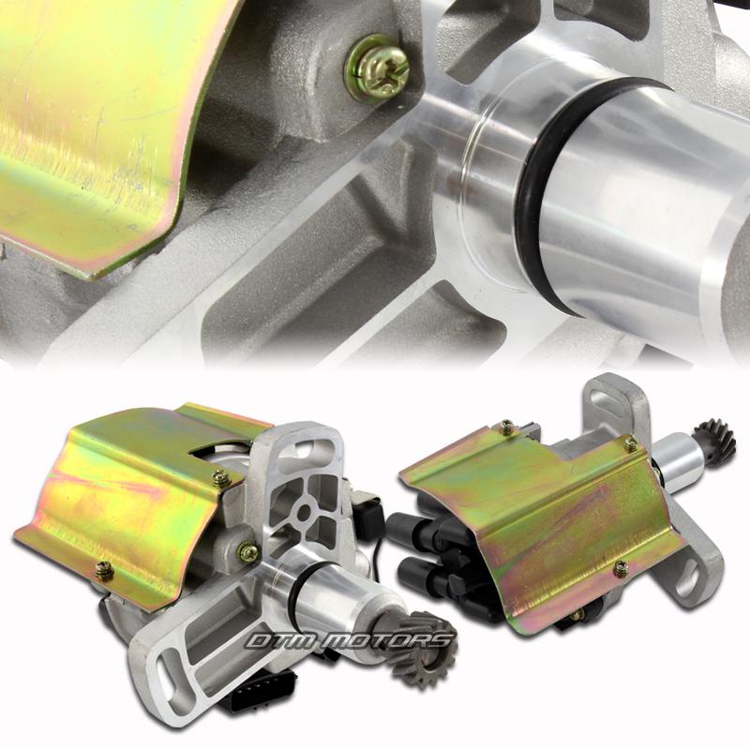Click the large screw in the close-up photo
378,69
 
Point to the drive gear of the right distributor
716,439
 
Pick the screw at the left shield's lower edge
103,570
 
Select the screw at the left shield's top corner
220,477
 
